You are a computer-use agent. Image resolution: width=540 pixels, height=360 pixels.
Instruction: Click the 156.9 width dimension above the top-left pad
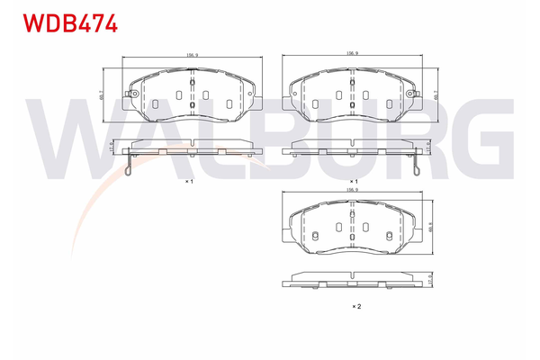click(192, 56)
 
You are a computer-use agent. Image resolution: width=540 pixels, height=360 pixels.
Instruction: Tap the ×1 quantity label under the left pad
click(190, 182)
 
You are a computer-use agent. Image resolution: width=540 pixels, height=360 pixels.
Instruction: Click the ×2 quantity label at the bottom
click(355, 307)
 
